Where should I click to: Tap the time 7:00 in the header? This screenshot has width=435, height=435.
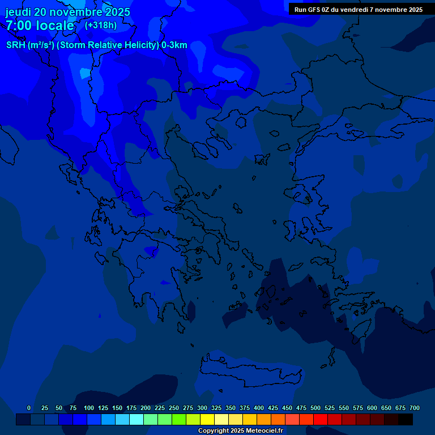[18, 25]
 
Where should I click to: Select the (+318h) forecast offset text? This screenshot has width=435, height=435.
[100, 25]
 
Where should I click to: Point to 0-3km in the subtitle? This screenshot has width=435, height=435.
[174, 45]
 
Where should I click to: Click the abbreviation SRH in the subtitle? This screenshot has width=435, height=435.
[16, 45]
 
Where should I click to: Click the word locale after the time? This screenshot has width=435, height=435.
[55, 25]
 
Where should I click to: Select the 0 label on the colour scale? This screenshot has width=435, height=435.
[29, 408]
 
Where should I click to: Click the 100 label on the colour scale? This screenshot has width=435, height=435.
[89, 408]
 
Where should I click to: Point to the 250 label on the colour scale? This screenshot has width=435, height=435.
[174, 408]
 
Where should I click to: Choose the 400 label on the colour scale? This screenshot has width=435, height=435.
[259, 408]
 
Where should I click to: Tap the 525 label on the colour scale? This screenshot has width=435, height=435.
[330, 408]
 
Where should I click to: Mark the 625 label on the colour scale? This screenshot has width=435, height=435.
[386, 408]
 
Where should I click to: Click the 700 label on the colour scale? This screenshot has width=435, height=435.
[415, 408]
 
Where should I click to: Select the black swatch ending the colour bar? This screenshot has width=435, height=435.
[406, 420]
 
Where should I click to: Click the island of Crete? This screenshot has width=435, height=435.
[249, 371]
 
